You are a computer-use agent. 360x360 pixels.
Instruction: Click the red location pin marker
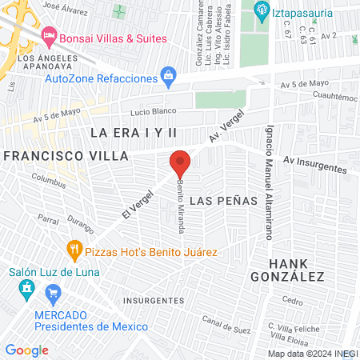tap(180, 163)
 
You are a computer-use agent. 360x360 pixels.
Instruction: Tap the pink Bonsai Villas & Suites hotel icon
tap(48, 37)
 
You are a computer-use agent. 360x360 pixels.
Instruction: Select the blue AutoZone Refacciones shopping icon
tap(168, 78)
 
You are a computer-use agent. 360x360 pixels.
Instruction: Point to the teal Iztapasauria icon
tap(259, 10)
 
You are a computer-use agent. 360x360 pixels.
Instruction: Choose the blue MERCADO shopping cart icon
tap(54, 294)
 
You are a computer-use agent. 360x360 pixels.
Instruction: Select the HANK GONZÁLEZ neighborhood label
tap(297, 270)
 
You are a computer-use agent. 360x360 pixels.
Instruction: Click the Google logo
tap(26, 350)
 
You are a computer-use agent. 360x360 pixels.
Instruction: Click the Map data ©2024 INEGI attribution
tap(312, 353)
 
